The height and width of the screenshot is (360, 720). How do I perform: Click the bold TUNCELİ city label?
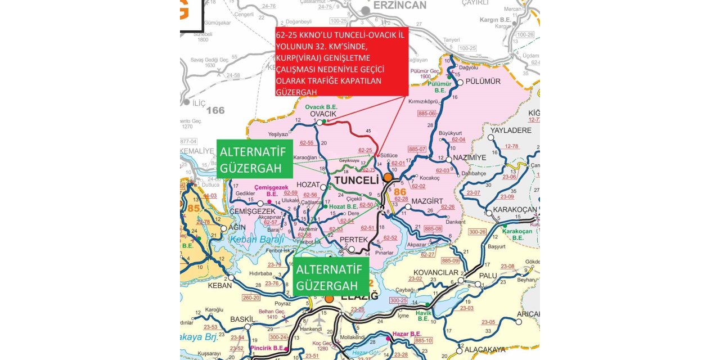pyautogui.click(x=357, y=181)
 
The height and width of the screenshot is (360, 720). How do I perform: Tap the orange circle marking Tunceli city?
pyautogui.click(x=388, y=178)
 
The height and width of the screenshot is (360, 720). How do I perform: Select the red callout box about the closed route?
pyautogui.click(x=341, y=61)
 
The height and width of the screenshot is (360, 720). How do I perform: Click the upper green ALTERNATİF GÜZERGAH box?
pyautogui.click(x=254, y=159)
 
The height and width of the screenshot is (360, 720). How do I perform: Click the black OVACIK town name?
pyautogui.click(x=323, y=114)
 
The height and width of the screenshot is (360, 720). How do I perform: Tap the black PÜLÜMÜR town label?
pyautogui.click(x=483, y=82)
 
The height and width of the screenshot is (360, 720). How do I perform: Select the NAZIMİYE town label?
pyautogui.click(x=469, y=158)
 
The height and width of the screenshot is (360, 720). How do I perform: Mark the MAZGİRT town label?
pyautogui.click(x=427, y=201)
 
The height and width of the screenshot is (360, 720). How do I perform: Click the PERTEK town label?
pyautogui.click(x=354, y=240)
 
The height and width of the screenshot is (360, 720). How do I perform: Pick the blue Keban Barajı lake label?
pyautogui.click(x=256, y=240)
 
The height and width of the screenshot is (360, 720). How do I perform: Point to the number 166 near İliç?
pyautogui.click(x=215, y=110)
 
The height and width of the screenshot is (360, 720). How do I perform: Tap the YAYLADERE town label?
pyautogui.click(x=511, y=130)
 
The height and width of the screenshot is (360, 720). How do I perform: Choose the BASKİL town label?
pyautogui.click(x=242, y=319)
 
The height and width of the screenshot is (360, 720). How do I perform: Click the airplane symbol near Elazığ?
pyautogui.click(x=319, y=319)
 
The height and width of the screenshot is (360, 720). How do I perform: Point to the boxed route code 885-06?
pyautogui.click(x=427, y=113)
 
